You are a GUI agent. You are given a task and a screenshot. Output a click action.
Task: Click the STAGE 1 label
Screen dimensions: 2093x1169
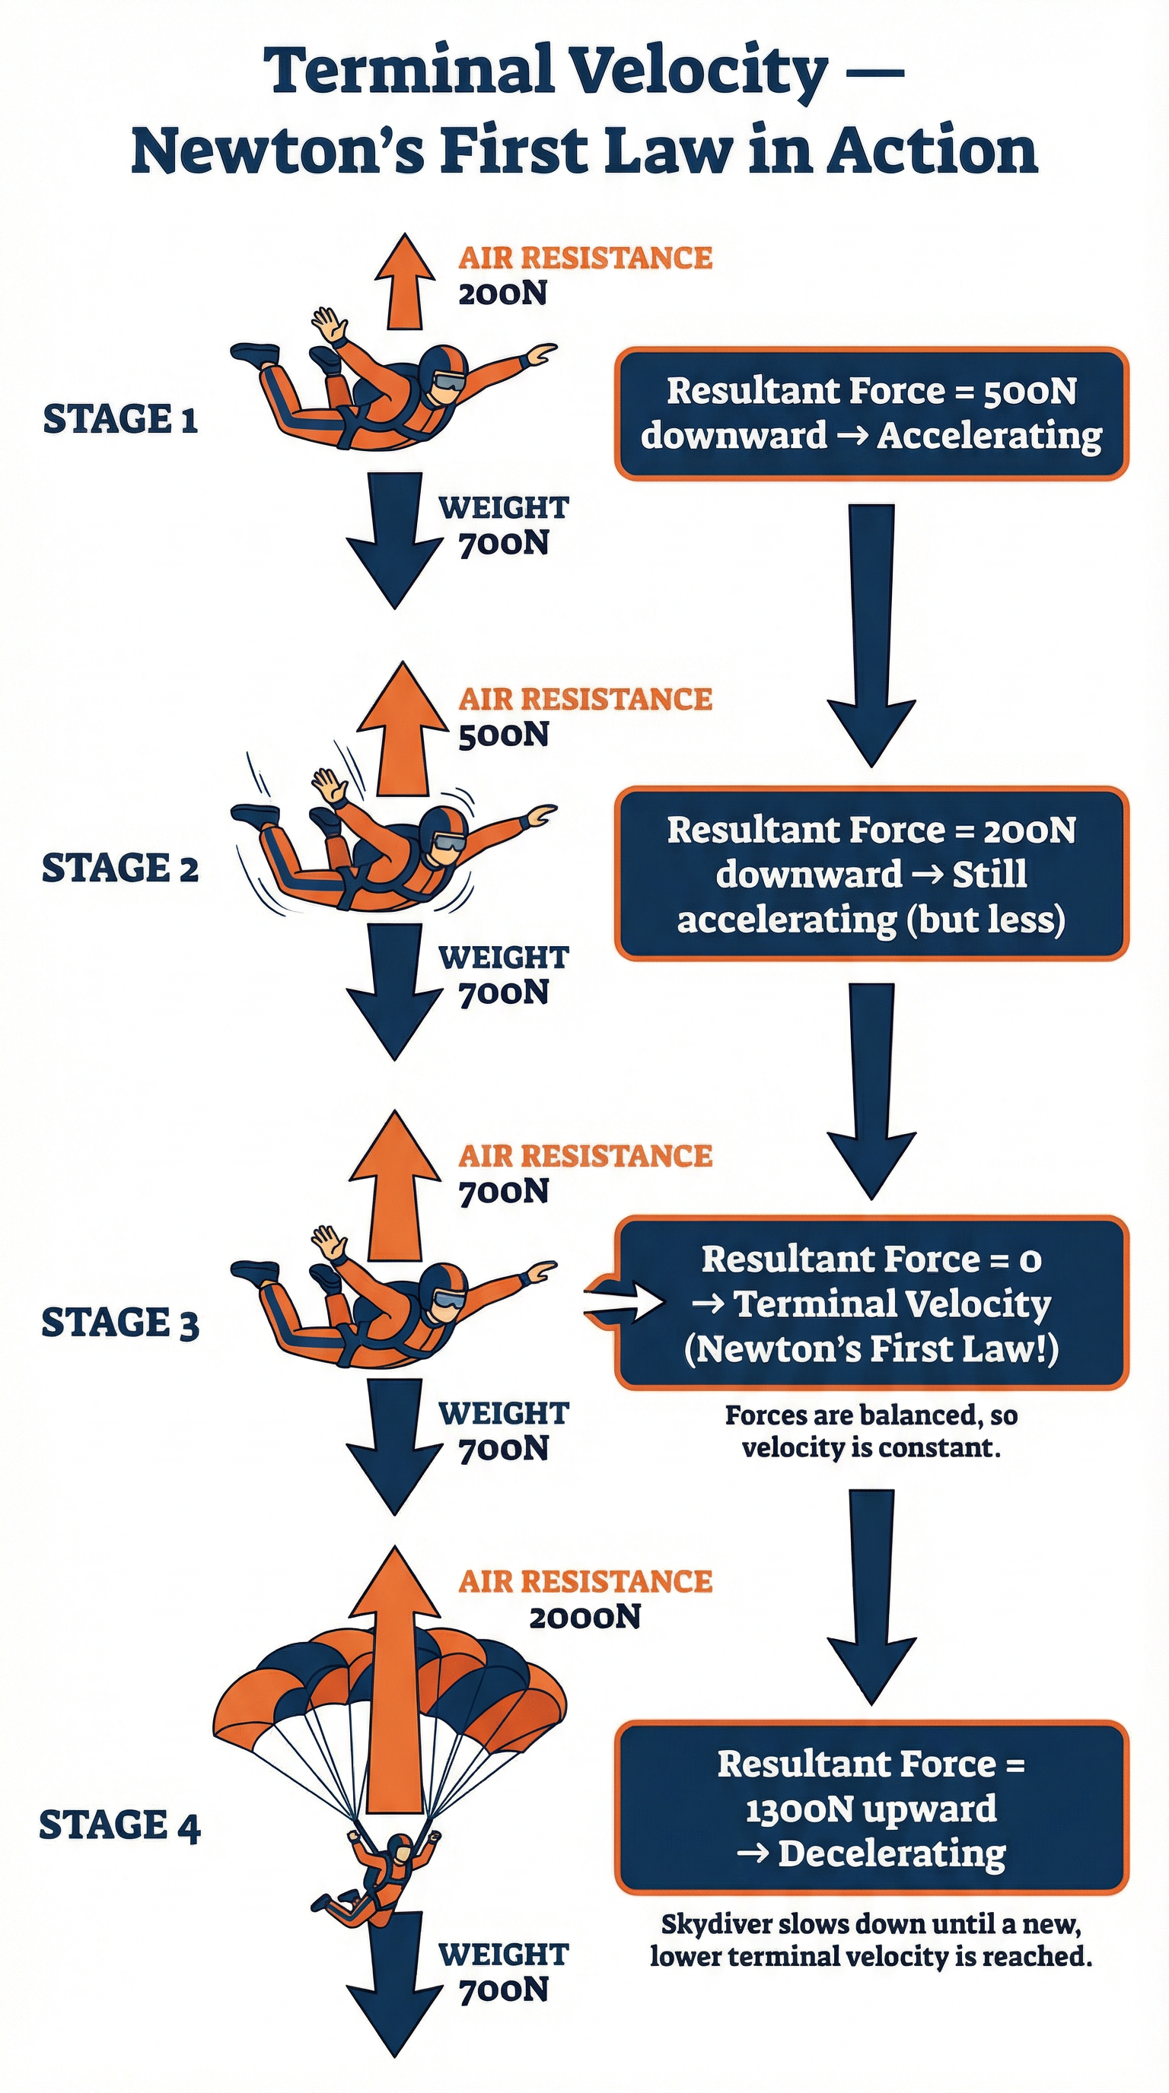pos(120,419)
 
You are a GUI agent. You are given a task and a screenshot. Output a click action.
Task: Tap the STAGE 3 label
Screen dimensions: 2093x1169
pos(120,1323)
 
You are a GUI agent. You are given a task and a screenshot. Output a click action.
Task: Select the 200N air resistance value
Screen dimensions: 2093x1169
pos(502,294)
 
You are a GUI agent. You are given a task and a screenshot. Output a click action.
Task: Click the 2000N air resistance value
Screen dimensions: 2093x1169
pos(584,1617)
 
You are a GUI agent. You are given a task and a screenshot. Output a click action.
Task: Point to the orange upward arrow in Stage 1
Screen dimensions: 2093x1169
pos(404,281)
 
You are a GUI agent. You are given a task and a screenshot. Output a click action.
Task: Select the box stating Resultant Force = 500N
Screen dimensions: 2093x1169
pos(871,414)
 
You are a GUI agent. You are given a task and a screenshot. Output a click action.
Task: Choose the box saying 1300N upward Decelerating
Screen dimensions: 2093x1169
pos(871,1809)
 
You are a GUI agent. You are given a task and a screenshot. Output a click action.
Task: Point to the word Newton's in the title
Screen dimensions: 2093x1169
pos(277,151)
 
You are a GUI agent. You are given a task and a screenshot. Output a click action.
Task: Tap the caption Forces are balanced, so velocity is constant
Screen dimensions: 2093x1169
pos(871,1431)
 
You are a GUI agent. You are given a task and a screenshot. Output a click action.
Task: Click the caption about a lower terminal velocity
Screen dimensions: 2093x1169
pos(871,1940)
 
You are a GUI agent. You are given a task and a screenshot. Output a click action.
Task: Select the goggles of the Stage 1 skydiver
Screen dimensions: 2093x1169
pos(450,382)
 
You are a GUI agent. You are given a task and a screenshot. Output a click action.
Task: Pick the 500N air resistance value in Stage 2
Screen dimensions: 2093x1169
pos(503,735)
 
